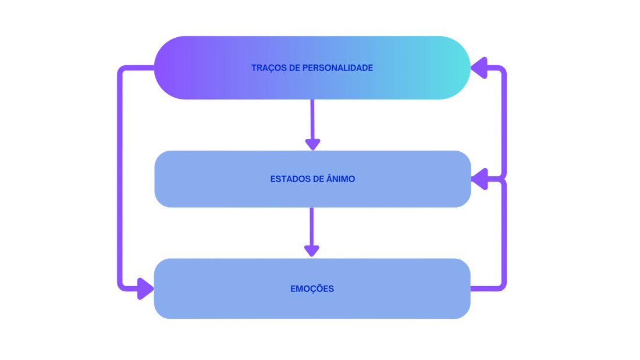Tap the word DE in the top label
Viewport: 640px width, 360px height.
click(295, 68)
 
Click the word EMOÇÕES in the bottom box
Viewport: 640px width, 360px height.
click(312, 288)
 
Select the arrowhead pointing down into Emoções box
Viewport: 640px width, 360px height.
click(312, 249)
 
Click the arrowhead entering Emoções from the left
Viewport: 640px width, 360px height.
click(144, 288)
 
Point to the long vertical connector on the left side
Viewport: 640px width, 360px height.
click(120, 180)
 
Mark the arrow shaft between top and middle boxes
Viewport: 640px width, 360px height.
click(313, 119)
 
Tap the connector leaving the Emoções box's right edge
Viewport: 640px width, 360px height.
click(486, 288)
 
